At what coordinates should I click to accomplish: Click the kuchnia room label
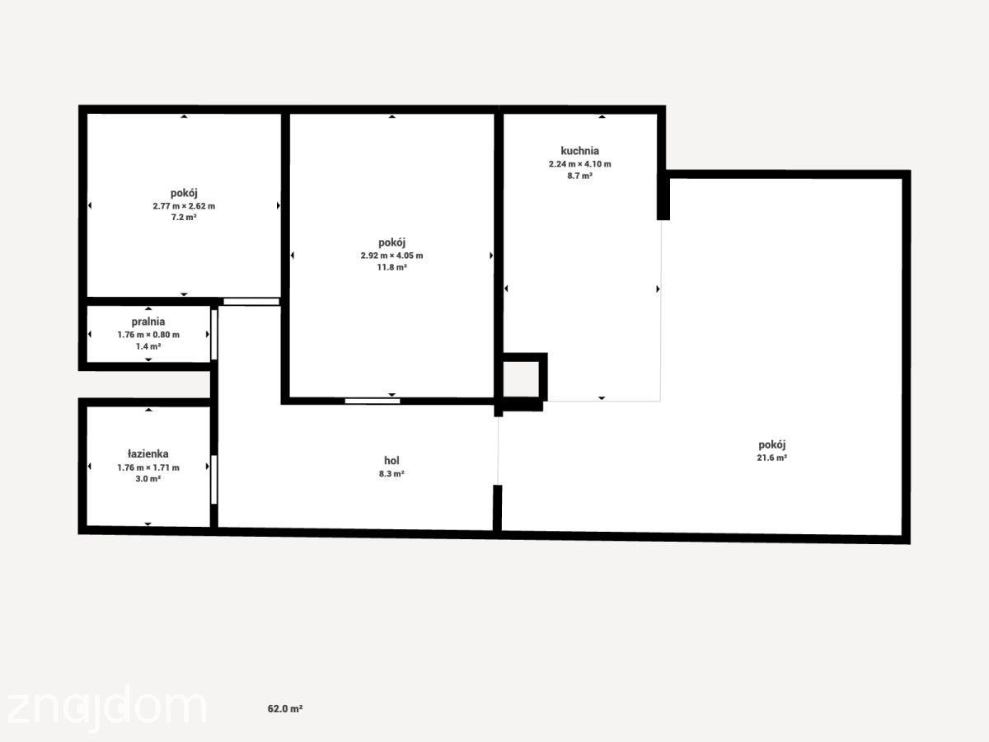(x=579, y=151)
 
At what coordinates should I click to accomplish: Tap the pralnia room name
(x=148, y=322)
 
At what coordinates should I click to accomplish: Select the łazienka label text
(x=148, y=453)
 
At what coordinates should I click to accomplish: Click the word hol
(x=391, y=460)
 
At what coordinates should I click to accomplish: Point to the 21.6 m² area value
(x=771, y=458)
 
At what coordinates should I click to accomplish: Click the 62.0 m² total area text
(x=285, y=709)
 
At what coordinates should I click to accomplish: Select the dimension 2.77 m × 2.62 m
(x=184, y=206)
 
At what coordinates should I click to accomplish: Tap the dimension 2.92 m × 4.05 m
(x=391, y=256)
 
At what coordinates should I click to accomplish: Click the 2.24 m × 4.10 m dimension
(x=580, y=164)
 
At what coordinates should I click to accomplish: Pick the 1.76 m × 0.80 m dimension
(x=148, y=335)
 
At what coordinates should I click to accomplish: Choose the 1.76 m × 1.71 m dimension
(x=148, y=467)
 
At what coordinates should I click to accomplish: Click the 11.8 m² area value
(x=391, y=268)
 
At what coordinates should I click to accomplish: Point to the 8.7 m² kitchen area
(x=579, y=176)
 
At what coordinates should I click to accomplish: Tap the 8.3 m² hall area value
(x=391, y=474)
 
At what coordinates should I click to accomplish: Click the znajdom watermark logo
(x=106, y=708)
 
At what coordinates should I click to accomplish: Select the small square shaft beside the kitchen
(x=522, y=379)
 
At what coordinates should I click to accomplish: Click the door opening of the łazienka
(x=214, y=479)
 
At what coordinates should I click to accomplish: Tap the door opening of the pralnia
(x=214, y=334)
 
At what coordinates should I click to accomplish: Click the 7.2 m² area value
(x=184, y=218)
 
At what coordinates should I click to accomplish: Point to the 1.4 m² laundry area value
(x=148, y=346)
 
